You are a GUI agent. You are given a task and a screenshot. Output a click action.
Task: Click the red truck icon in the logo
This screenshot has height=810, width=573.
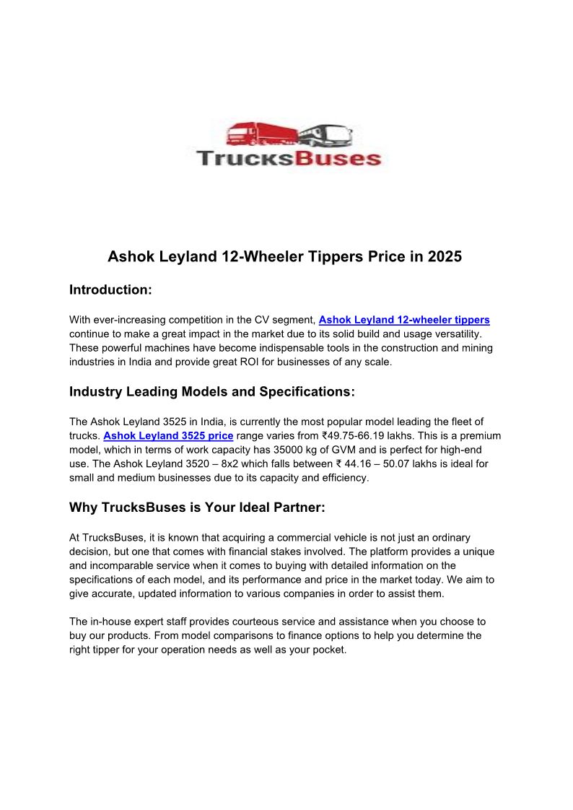(x=261, y=135)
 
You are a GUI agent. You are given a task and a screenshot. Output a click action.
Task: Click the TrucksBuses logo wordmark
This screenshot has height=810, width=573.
(x=289, y=157)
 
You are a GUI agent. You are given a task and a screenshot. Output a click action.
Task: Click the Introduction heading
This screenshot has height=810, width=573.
(x=110, y=290)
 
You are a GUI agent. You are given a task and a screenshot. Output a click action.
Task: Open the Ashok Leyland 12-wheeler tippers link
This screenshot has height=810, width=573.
(x=404, y=319)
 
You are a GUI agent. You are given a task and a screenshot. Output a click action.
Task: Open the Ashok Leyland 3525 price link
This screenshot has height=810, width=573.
(x=168, y=435)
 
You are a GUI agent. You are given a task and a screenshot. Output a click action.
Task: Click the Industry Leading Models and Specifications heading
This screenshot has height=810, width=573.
(x=212, y=392)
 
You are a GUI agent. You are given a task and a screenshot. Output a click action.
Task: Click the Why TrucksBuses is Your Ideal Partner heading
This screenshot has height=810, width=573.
(x=197, y=508)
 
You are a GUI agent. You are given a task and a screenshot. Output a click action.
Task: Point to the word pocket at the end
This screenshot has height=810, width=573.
(x=330, y=650)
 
